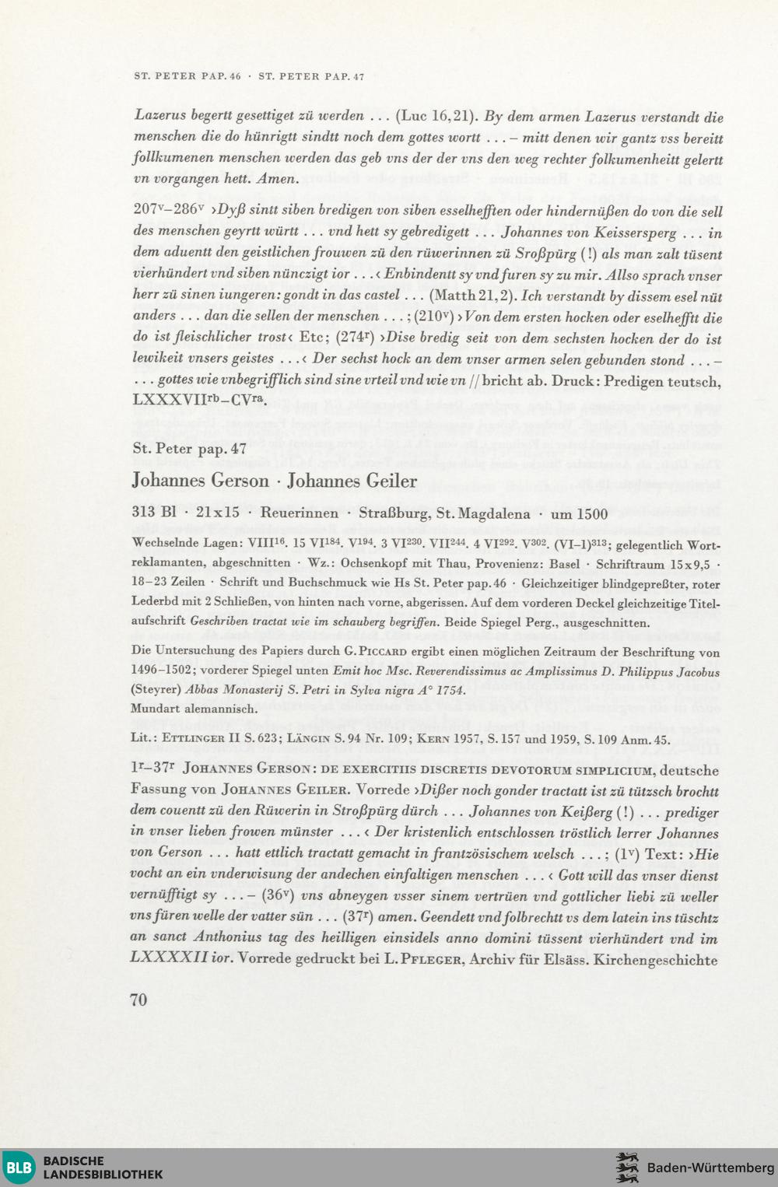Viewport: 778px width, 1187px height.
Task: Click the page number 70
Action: click(x=139, y=1000)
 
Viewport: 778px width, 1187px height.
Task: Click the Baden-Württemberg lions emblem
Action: click(x=627, y=1168)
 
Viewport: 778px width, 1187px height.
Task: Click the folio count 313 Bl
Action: click(x=154, y=513)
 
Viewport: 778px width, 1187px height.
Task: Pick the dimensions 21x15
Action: click(x=218, y=513)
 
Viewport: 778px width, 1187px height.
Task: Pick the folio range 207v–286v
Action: click(x=168, y=210)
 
